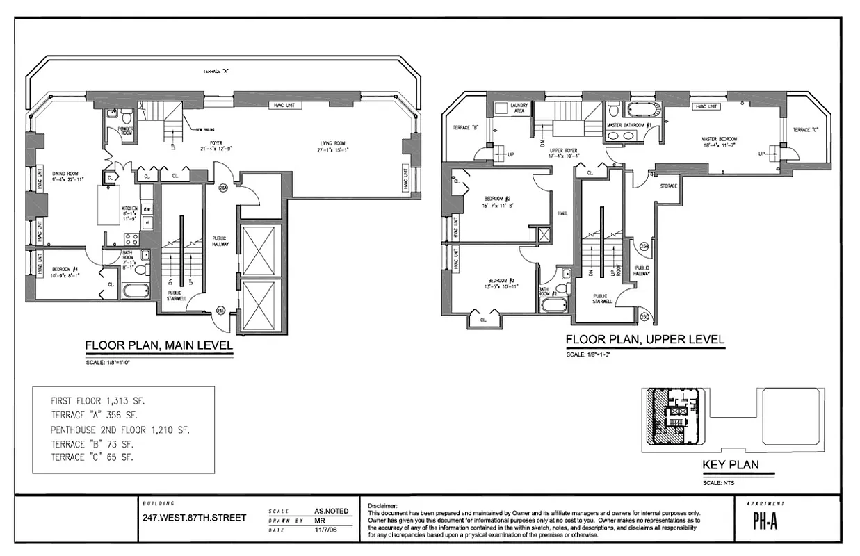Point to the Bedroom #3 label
[501, 281]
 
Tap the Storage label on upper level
[668, 186]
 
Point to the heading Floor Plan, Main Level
[159, 345]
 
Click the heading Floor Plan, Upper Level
[644, 340]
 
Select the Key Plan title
[730, 465]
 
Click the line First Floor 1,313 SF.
[98, 402]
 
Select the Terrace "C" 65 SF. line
[92, 457]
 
